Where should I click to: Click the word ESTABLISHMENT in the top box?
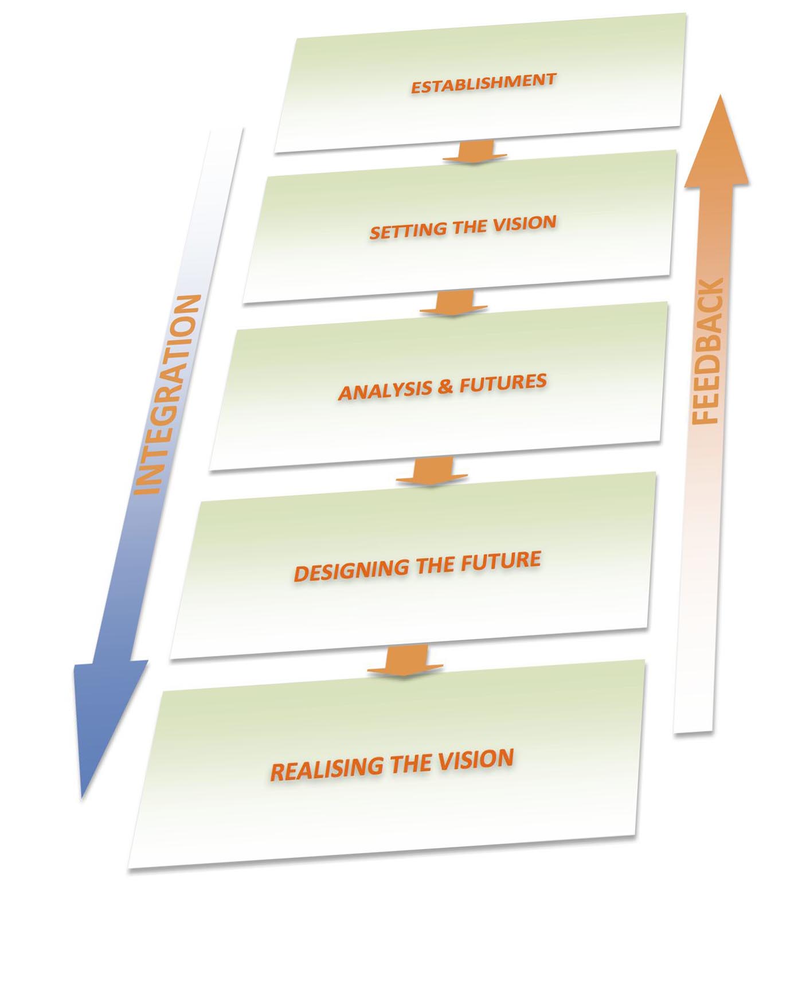click(x=483, y=84)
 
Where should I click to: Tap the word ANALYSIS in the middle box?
click(x=385, y=390)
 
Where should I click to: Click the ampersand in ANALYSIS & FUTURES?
click(x=445, y=386)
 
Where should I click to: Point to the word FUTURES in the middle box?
click(x=503, y=382)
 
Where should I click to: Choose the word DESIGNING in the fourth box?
click(x=351, y=570)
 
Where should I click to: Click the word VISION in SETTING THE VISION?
click(x=525, y=223)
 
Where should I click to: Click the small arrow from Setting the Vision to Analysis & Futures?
click(x=454, y=302)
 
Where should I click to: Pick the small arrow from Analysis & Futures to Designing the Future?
click(x=432, y=471)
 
